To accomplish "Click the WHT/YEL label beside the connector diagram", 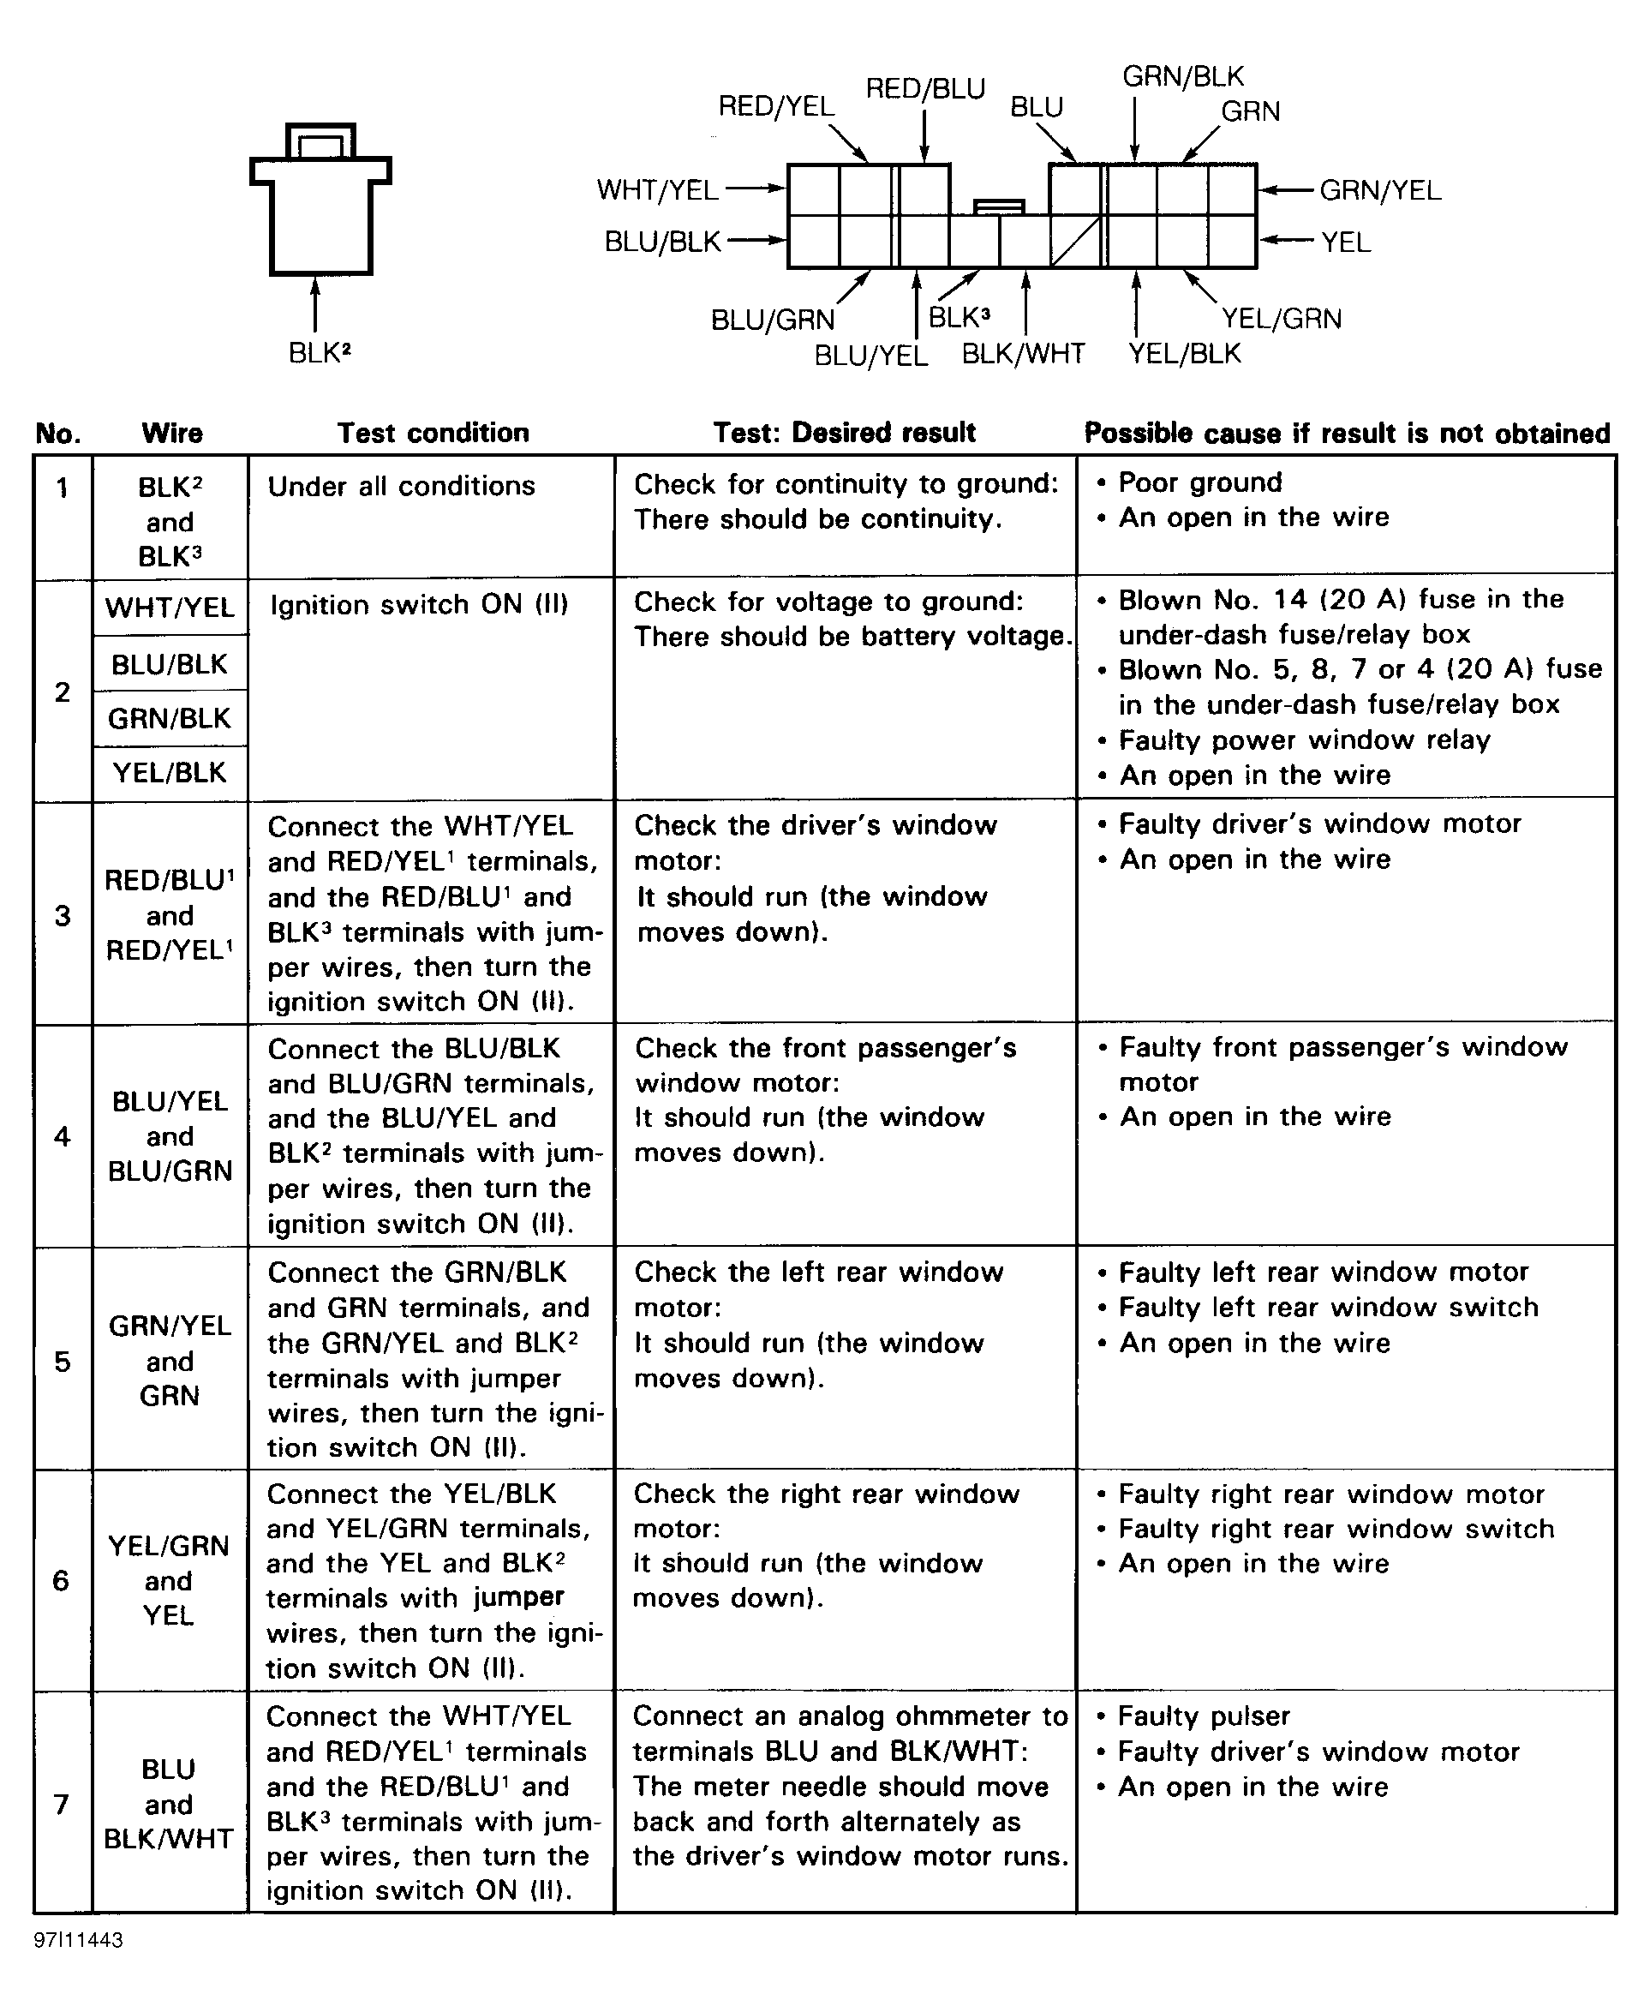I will pos(657,190).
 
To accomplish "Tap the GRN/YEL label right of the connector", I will pos(1380,190).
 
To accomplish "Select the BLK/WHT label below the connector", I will pos(1023,354).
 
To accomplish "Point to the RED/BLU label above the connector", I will pos(924,89).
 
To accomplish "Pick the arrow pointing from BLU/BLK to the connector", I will pos(756,241).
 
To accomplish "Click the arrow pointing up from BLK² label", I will pos(314,304).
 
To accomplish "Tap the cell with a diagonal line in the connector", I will pos(1075,242).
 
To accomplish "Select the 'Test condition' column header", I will pos(433,433).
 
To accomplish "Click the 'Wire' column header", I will pos(172,434).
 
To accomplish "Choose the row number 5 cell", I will pos(63,1362).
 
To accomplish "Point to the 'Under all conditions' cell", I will pos(401,486).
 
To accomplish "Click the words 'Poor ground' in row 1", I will pos(1199,482).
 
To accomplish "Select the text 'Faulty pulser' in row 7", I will pos(1204,1716).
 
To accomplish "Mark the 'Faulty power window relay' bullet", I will pos(1304,740).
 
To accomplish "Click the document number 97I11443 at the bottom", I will pos(79,1940).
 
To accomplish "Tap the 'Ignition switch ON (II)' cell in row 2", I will pos(419,605).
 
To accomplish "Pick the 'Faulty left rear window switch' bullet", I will pos(1328,1308).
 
